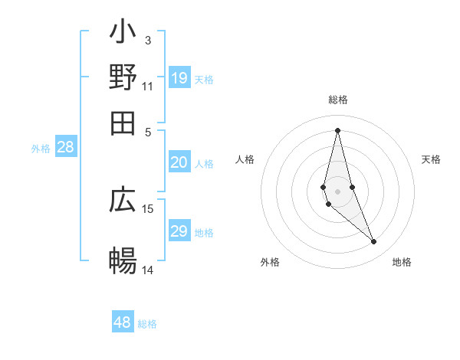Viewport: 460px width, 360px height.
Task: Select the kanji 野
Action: click(x=123, y=77)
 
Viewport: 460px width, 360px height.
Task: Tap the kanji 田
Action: click(x=123, y=123)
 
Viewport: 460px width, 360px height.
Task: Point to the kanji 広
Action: click(x=123, y=200)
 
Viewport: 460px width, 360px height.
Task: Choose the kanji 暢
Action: click(x=123, y=260)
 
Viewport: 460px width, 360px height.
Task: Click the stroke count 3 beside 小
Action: click(x=148, y=40)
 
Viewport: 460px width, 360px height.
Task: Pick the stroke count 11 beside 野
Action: click(x=148, y=86)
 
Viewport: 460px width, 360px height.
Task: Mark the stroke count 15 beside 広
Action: click(x=148, y=208)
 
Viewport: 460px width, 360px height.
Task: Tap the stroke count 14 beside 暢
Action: click(x=148, y=270)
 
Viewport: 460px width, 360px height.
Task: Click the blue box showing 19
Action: click(x=179, y=77)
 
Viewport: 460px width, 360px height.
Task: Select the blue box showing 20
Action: click(x=179, y=162)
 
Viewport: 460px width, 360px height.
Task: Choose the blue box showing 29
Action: click(x=179, y=231)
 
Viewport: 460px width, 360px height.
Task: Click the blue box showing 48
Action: click(x=123, y=322)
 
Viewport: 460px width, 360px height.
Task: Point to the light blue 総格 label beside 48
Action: click(x=147, y=324)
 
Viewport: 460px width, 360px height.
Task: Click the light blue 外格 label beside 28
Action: click(x=41, y=149)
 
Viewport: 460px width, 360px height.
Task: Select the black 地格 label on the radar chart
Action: click(x=402, y=262)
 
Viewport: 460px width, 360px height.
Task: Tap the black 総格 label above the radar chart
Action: click(x=337, y=100)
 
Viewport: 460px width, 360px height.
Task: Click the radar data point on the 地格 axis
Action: click(x=374, y=242)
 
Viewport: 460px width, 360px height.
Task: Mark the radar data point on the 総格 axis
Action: click(x=337, y=130)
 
